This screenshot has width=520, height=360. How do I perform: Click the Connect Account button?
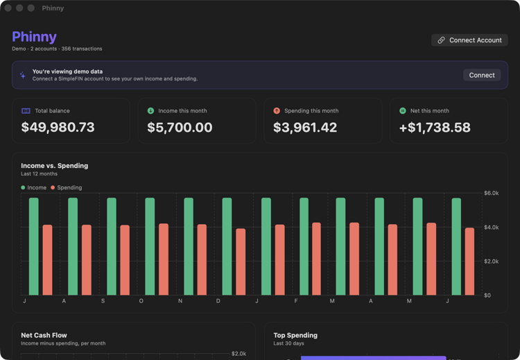469,40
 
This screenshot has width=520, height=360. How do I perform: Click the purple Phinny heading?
34,37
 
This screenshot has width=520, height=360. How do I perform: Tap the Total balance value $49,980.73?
58,128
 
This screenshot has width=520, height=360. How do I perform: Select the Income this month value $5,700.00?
180,128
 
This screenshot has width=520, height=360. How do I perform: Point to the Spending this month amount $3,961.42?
305,128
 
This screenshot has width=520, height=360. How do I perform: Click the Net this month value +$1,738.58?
435,128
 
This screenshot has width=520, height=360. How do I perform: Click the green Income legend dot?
23,187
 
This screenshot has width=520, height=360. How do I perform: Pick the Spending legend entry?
67,187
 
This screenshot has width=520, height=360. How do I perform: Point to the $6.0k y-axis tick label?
491,193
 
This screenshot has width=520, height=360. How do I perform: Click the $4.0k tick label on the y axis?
491,228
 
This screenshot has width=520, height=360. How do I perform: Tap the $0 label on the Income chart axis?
487,295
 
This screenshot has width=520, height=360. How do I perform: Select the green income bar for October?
150,246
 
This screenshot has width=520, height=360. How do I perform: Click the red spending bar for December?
241,262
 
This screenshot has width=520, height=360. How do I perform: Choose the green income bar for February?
304,246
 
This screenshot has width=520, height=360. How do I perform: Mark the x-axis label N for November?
180,301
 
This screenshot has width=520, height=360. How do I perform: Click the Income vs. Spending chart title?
54,166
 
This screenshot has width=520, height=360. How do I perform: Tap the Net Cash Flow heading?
44,335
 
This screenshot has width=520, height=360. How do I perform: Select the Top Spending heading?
295,335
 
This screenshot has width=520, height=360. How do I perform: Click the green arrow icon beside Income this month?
150,111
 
